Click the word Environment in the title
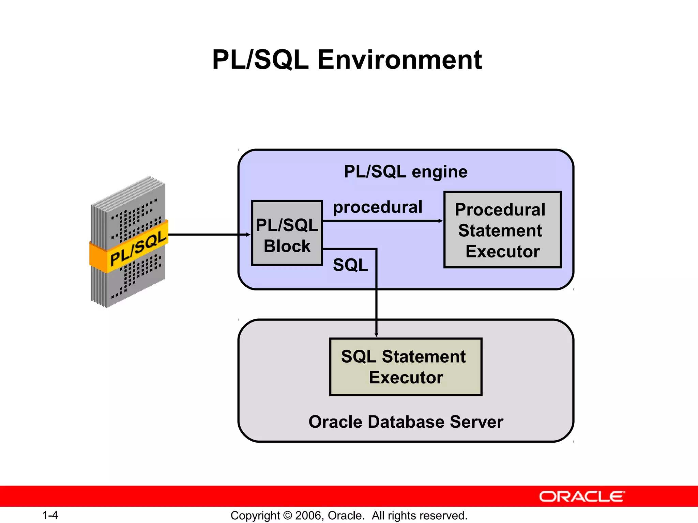pyautogui.click(x=399, y=60)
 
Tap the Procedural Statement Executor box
pyautogui.click(x=502, y=230)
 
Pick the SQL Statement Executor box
pyautogui.click(x=406, y=367)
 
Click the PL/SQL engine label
pyautogui.click(x=406, y=172)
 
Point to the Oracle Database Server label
pyautogui.click(x=406, y=422)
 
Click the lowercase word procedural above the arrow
pyautogui.click(x=378, y=207)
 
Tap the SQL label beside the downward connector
pyautogui.click(x=350, y=265)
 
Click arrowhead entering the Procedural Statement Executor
pyautogui.click(x=440, y=221)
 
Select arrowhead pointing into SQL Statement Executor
pyautogui.click(x=376, y=335)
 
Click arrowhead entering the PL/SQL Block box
pyautogui.click(x=248, y=235)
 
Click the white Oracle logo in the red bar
pyautogui.click(x=582, y=497)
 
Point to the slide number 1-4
pyautogui.click(x=50, y=516)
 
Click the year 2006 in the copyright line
pyautogui.click(x=308, y=516)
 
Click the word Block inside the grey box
pyautogui.click(x=287, y=246)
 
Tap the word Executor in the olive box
pyautogui.click(x=406, y=378)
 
